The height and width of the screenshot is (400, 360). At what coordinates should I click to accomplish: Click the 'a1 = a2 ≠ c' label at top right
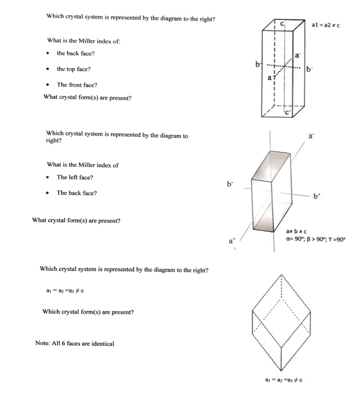point(328,25)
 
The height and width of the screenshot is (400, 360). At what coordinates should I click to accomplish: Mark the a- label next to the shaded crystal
point(311,137)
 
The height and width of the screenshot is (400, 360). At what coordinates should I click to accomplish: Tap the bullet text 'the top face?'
point(73,69)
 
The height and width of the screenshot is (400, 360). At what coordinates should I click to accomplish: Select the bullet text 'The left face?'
point(75,177)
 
